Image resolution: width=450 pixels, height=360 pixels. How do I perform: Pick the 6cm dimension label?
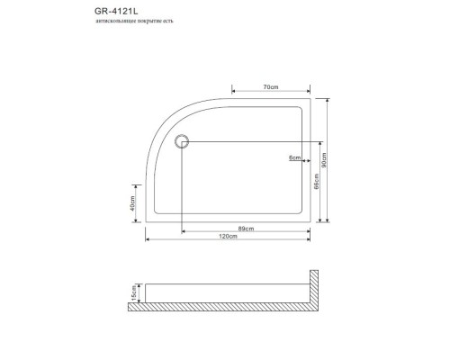click(x=293, y=157)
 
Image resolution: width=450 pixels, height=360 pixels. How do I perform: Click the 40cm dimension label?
click(x=133, y=204)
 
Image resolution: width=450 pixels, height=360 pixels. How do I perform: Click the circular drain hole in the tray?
click(x=183, y=140)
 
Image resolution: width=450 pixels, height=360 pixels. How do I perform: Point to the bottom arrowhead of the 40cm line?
click(x=139, y=220)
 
